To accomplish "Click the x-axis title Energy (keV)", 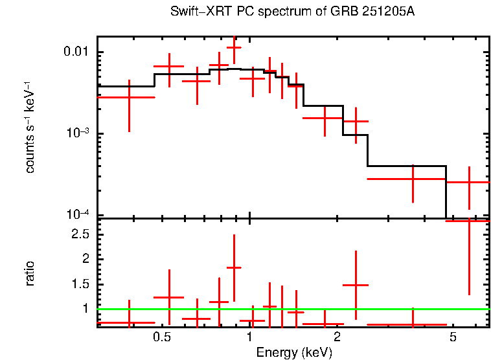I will tap(294, 352).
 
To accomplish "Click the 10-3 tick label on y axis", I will tap(81, 133).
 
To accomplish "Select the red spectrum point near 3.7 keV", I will tap(413, 178).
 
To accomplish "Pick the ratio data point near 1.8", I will tap(234, 267).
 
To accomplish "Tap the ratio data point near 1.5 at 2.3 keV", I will tap(356, 285).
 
